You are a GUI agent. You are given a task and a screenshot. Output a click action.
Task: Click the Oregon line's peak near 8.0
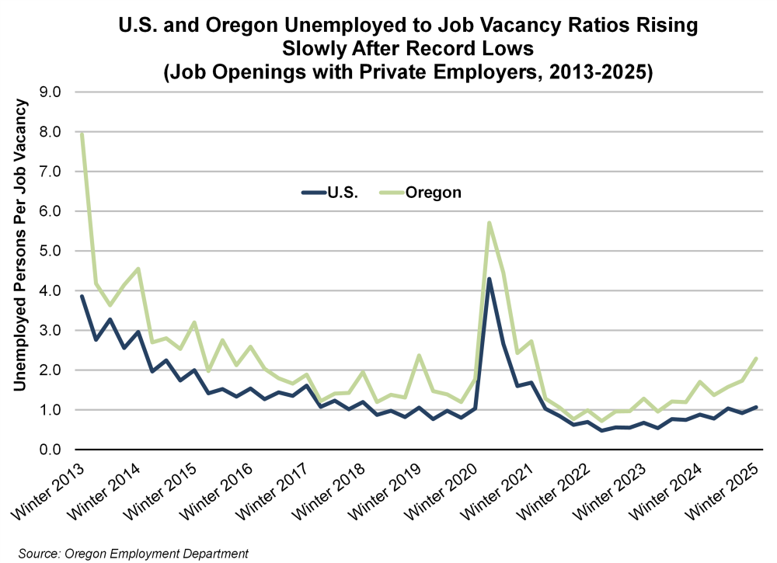click(x=82, y=134)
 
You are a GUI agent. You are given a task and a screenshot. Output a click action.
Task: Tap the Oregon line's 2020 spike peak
click(x=489, y=223)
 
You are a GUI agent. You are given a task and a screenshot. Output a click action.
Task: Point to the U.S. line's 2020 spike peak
click(x=489, y=279)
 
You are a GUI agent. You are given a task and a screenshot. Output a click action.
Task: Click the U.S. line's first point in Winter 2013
click(x=82, y=297)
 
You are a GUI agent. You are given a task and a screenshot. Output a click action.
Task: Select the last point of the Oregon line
click(x=756, y=358)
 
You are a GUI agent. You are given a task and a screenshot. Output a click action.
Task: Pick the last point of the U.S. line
click(x=756, y=407)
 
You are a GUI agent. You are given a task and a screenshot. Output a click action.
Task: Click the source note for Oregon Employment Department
click(x=133, y=553)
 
